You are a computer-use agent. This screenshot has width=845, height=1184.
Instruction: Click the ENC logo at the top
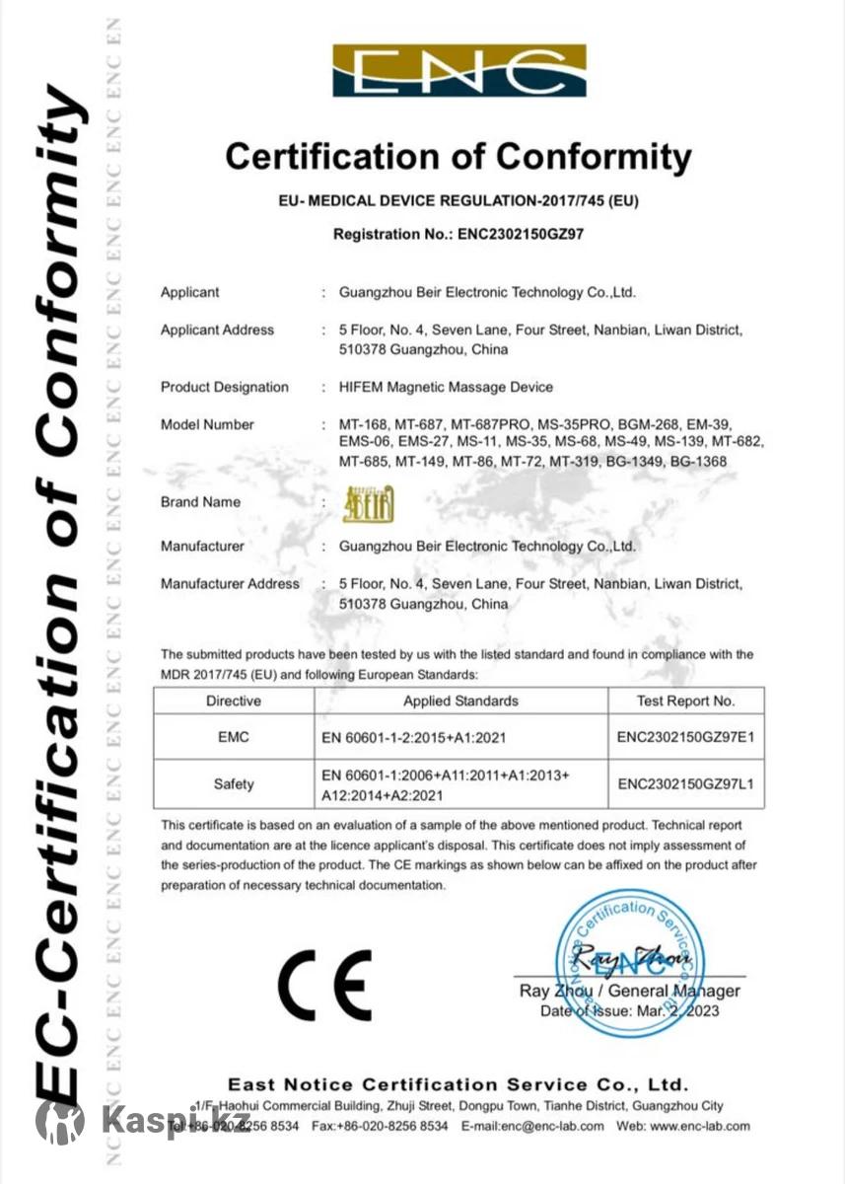coord(459,71)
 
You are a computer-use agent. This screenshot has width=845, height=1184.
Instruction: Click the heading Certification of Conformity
coord(458,157)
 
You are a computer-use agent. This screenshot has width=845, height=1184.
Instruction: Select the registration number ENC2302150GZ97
coord(523,235)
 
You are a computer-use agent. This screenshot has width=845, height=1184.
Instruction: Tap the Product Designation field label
coord(225,387)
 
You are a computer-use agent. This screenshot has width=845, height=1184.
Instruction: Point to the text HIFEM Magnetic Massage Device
coord(446,387)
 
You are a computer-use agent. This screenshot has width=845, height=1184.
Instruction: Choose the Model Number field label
coord(207,424)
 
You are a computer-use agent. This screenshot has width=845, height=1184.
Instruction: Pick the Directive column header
coord(234,701)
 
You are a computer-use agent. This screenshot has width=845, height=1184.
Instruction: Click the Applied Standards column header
coord(460,701)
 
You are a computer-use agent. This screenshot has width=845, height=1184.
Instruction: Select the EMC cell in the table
coord(234,735)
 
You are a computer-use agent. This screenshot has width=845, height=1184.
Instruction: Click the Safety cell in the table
coord(234,784)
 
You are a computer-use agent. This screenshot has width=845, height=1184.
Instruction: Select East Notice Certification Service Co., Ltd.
coord(458,1084)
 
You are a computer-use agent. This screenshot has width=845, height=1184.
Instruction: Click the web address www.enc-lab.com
coord(699,1126)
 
